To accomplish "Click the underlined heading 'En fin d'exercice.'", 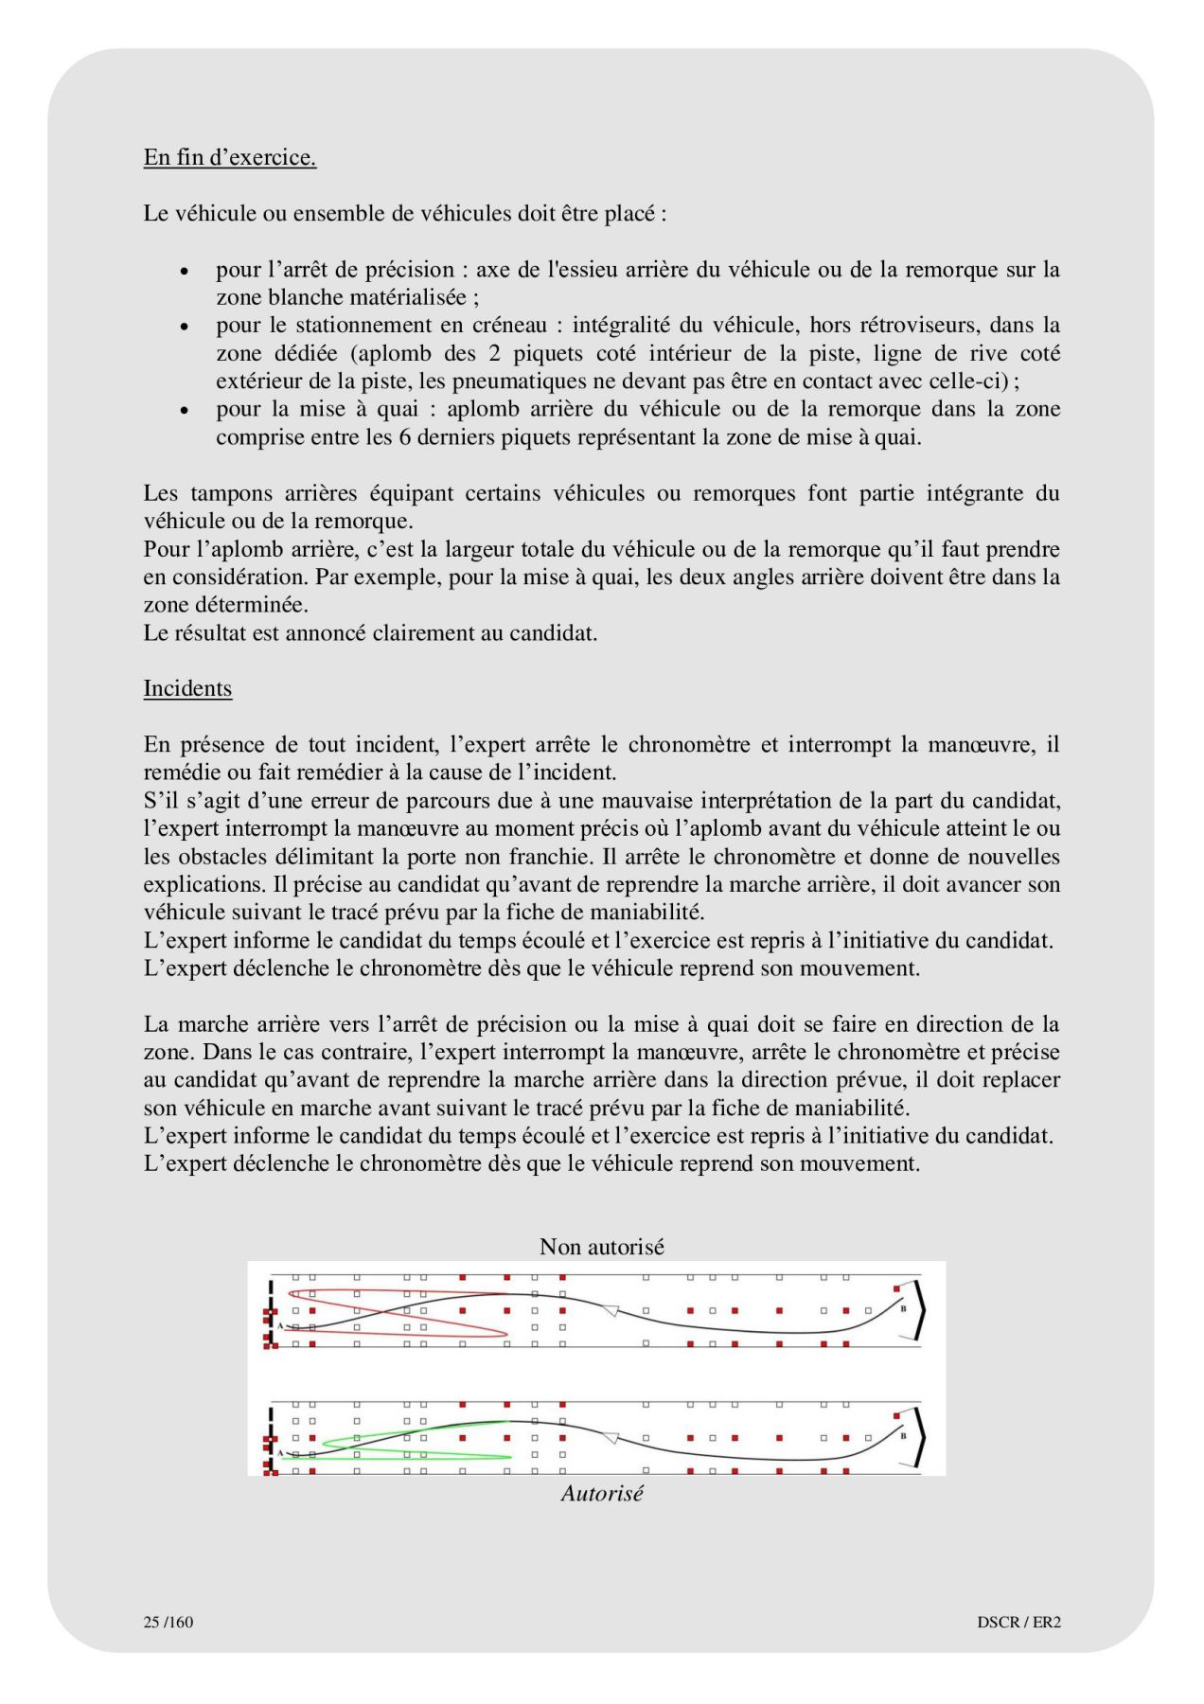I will point(229,157).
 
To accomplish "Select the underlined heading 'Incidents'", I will point(187,688).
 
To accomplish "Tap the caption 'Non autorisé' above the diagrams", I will point(601,1247).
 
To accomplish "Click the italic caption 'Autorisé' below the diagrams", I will point(601,1493).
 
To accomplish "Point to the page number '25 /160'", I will point(168,1622).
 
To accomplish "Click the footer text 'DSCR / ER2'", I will point(1018,1622).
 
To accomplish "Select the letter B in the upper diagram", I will point(903,1309).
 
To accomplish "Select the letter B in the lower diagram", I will point(903,1436).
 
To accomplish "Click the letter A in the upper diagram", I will point(280,1325).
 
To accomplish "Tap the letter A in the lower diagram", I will point(280,1452).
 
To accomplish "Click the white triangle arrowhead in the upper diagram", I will point(611,1310).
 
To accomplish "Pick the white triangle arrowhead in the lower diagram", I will point(611,1438).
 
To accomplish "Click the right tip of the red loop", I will point(506,1335).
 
